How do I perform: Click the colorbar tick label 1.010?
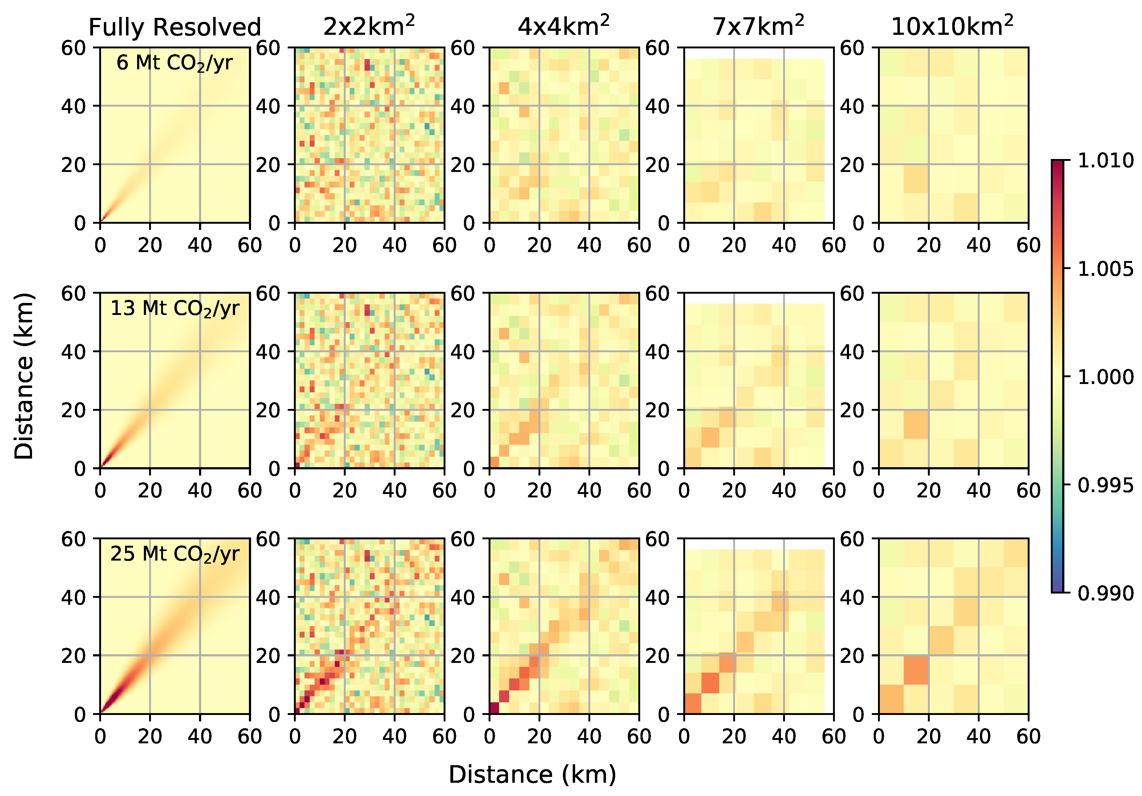pyautogui.click(x=1105, y=161)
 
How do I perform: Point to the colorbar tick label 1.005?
pyautogui.click(x=1105, y=269)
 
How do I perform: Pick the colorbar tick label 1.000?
pyautogui.click(x=1105, y=377)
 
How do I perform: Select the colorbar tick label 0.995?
pyautogui.click(x=1105, y=485)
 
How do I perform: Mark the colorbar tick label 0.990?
pyautogui.click(x=1105, y=593)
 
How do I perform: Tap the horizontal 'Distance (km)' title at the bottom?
pyautogui.click(x=532, y=775)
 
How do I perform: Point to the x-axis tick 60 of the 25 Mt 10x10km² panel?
pyautogui.click(x=1028, y=736)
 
